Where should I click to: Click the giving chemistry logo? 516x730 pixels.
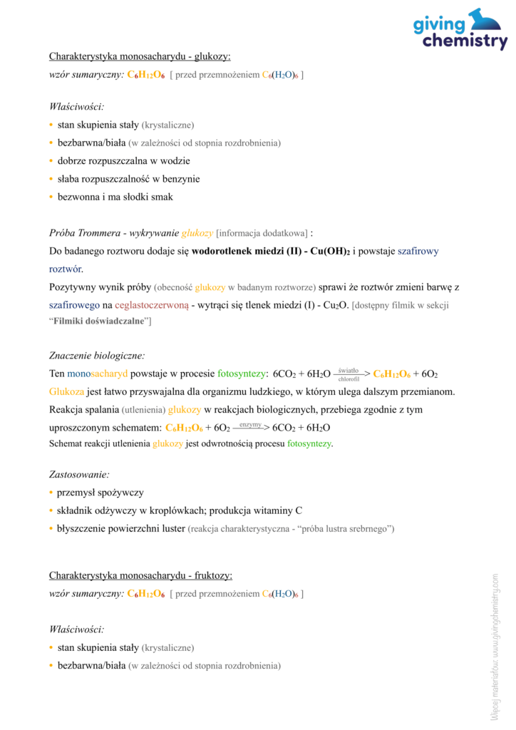point(460,30)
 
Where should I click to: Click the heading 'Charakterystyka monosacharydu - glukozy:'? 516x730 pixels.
point(140,56)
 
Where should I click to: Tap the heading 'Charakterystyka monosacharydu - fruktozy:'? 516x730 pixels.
point(140,575)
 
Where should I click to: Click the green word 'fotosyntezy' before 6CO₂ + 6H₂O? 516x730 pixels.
point(242,374)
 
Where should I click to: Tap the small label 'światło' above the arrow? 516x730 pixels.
point(349,369)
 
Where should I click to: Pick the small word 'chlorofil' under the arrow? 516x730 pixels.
point(349,379)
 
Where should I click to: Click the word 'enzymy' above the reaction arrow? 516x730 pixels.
point(250,424)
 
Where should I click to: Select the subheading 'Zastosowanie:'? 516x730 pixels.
point(79,474)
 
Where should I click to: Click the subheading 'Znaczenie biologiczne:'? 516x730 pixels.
point(97,355)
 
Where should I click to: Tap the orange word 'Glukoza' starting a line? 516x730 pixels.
point(66,391)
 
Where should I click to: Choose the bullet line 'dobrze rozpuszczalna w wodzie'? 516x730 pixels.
point(118,160)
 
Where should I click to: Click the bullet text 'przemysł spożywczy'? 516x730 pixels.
point(100,493)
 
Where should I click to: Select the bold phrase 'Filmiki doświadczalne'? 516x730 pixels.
point(99,322)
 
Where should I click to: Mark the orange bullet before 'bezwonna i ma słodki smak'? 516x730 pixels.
point(51,197)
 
